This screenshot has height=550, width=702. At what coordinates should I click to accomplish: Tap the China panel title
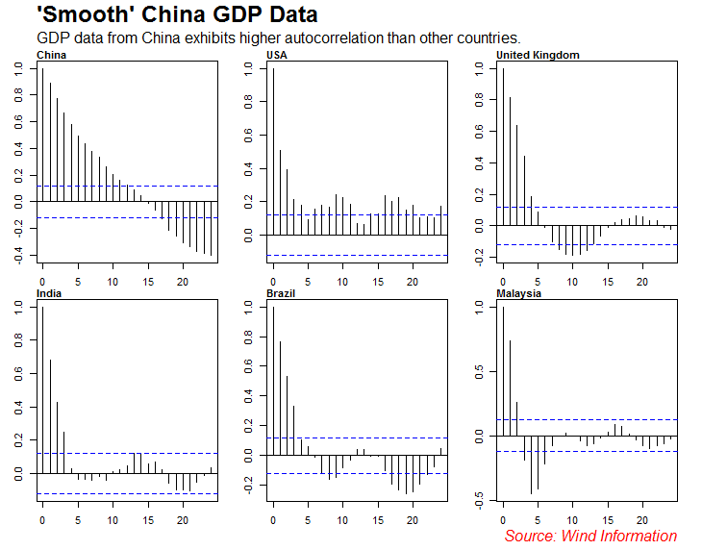[x=52, y=55]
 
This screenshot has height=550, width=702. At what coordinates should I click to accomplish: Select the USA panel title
[x=277, y=55]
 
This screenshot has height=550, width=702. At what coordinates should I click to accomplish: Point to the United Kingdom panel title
[x=538, y=55]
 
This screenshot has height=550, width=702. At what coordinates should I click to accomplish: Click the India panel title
[x=49, y=292]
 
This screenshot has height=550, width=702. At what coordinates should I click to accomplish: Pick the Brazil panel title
[x=281, y=292]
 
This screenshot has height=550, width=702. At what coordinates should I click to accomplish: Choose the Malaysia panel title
[x=518, y=292]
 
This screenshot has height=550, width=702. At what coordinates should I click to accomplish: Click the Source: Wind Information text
[x=590, y=536]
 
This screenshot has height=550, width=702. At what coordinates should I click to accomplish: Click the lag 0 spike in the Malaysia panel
[x=503, y=370]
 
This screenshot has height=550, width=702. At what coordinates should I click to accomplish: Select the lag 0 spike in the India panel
[x=42, y=390]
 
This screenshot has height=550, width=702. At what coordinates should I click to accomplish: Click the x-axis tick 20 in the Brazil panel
[x=413, y=520]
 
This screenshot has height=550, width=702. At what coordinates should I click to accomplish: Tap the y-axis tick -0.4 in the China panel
[x=18, y=255]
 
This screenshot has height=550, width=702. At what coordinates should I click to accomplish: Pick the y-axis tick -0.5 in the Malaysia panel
[x=479, y=498]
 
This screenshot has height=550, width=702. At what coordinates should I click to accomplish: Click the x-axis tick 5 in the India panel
[x=78, y=520]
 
